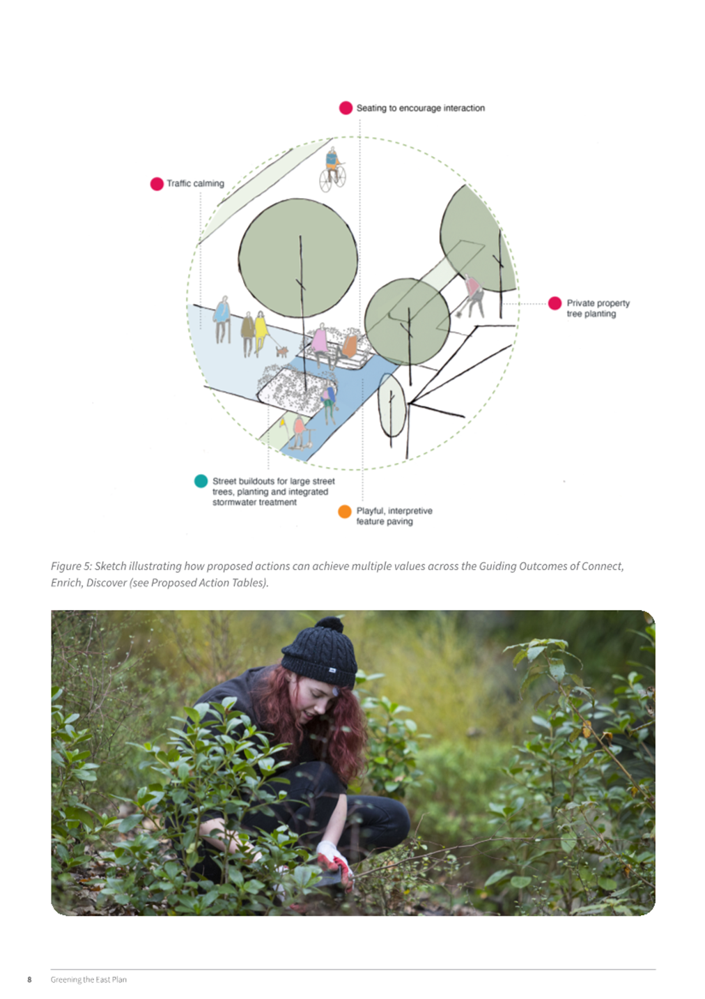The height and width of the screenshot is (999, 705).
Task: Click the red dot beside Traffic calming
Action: tap(157, 184)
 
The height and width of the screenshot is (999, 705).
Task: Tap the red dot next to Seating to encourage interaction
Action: tap(346, 108)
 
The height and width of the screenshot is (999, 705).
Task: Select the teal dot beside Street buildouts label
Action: tap(201, 481)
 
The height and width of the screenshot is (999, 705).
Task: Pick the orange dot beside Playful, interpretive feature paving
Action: tap(344, 512)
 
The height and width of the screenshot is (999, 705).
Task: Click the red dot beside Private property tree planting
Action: tap(555, 303)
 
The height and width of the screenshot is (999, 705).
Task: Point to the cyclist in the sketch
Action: tap(332, 169)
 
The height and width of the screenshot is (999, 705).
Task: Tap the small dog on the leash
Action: tap(281, 351)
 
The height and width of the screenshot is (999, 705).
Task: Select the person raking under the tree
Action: tap(472, 296)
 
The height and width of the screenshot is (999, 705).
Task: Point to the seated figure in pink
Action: tap(320, 344)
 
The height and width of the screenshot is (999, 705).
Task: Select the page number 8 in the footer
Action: tap(29, 979)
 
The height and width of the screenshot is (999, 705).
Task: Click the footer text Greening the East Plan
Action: tap(88, 979)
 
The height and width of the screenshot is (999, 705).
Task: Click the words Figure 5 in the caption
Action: tap(70, 566)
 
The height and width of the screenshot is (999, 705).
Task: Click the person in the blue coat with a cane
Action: tap(222, 319)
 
